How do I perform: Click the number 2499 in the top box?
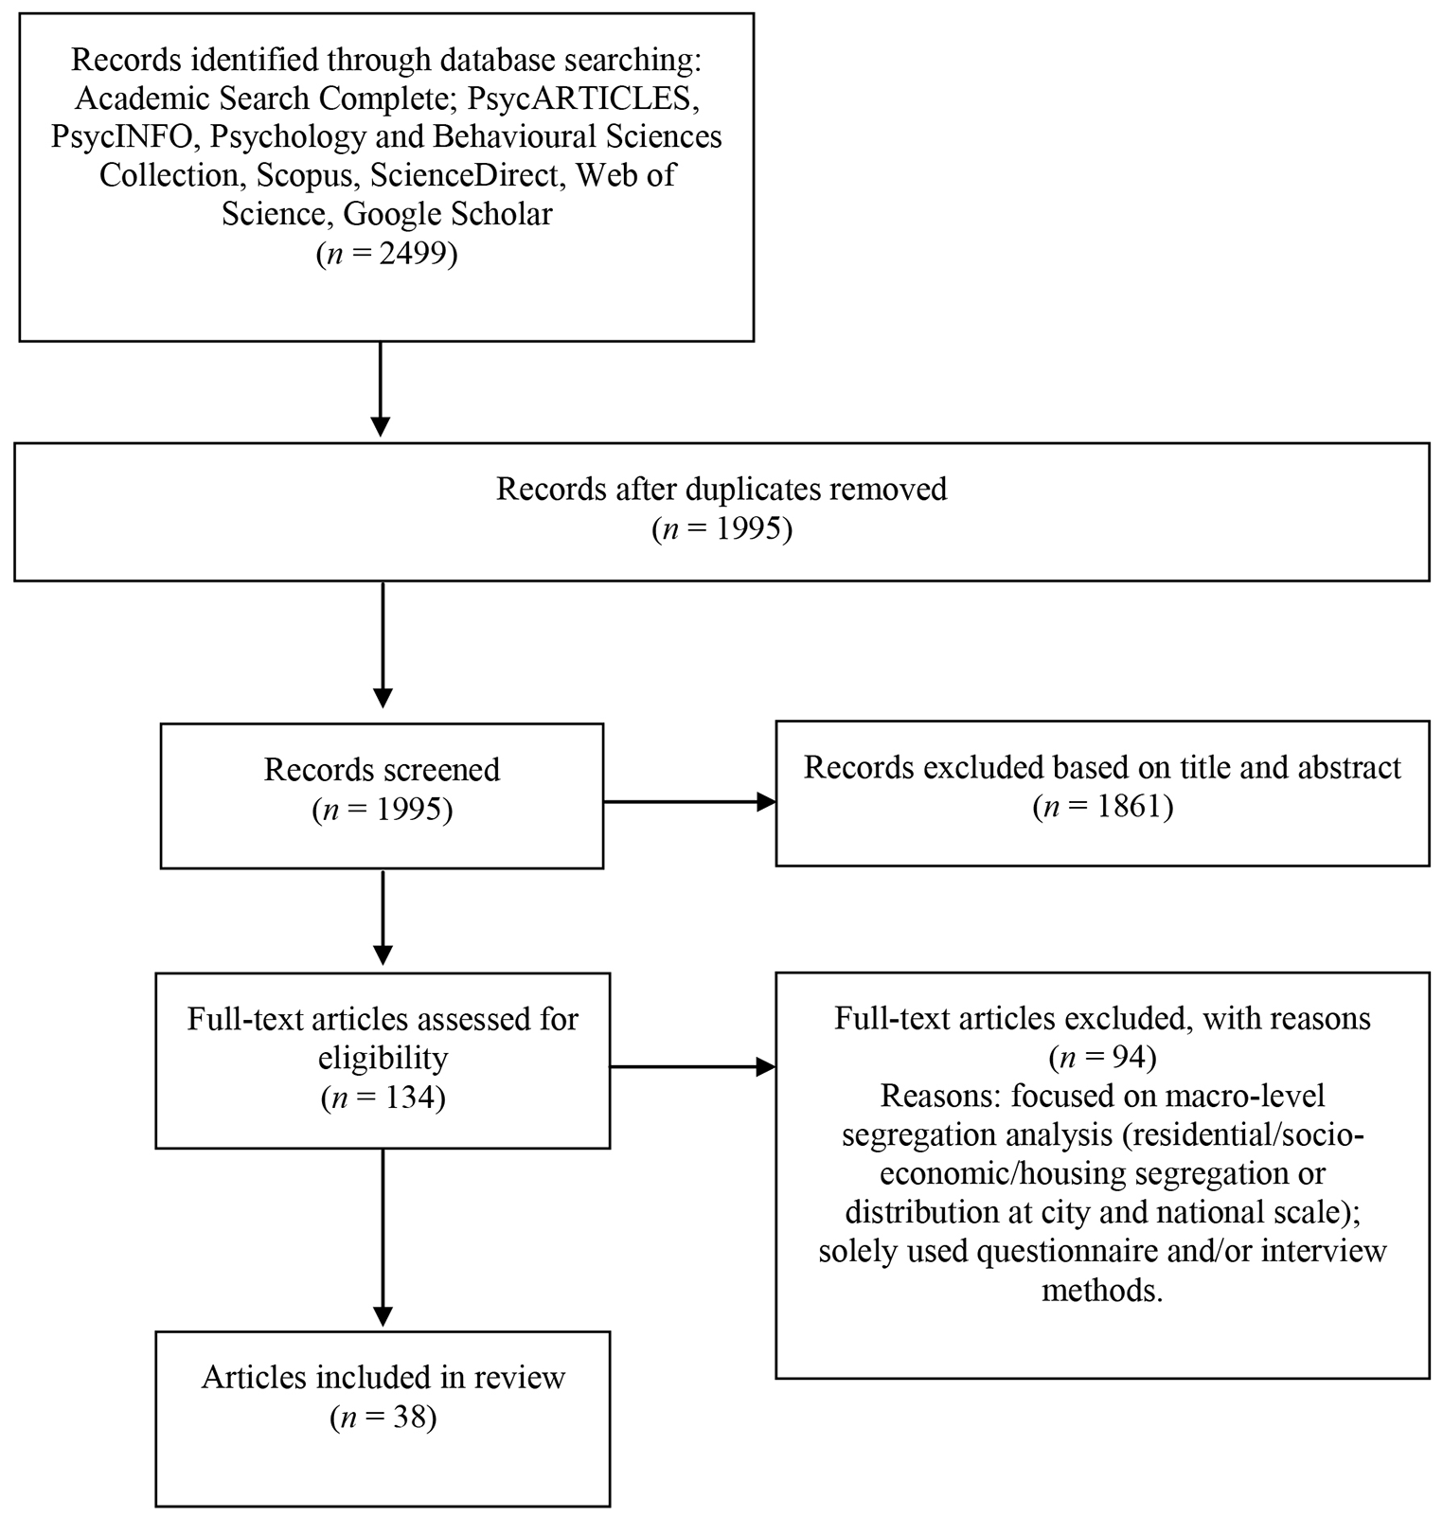412,255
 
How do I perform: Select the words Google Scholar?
448,215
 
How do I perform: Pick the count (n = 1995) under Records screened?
382,811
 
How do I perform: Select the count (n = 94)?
1102,1057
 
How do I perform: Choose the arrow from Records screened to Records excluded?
689,802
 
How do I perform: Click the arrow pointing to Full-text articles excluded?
692,1067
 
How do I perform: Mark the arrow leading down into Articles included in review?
383,1239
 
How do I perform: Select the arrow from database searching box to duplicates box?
380,389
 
